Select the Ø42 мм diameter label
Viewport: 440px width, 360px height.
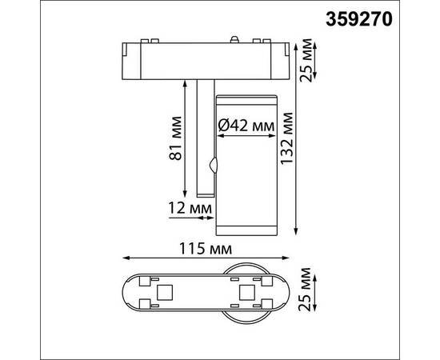coord(246,126)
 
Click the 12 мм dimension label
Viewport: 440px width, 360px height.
coord(191,208)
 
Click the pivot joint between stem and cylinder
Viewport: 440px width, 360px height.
coord(213,166)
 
